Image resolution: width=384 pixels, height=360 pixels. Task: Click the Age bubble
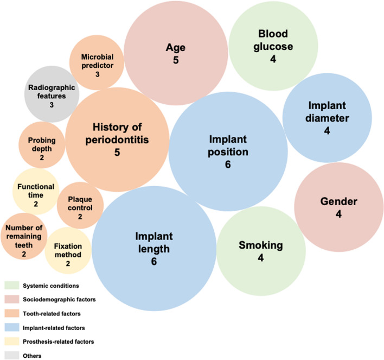click(x=176, y=54)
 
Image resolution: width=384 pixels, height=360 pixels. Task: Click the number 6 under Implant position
click(x=228, y=164)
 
